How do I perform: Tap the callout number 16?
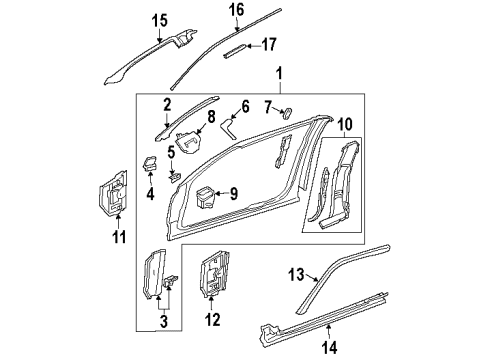pos(236,10)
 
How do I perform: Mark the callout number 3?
pos(166,324)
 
